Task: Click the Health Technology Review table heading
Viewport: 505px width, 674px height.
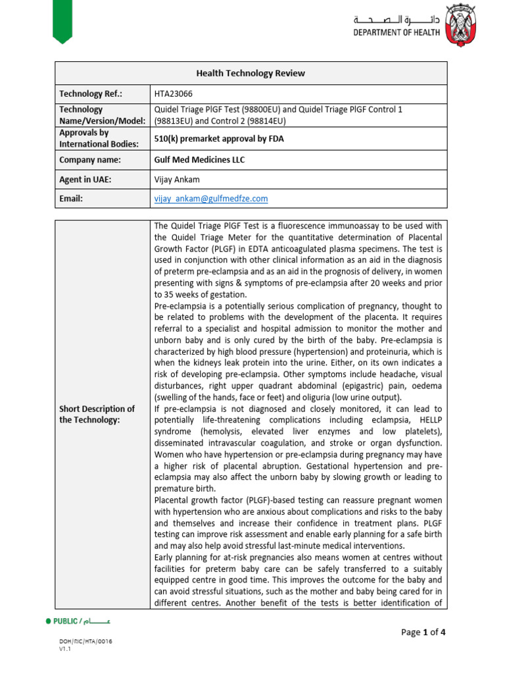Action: pyautogui.click(x=251, y=73)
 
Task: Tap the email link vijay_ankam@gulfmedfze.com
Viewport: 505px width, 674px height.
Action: pyautogui.click(x=210, y=198)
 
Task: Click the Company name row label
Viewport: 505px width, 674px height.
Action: pyautogui.click(x=90, y=160)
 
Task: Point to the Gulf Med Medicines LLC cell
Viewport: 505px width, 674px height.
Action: pyautogui.click(x=200, y=160)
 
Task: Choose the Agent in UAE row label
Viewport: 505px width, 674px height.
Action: pyautogui.click(x=85, y=179)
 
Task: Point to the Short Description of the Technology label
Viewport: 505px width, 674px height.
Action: pyautogui.click(x=97, y=415)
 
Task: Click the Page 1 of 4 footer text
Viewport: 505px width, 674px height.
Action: pyautogui.click(x=423, y=633)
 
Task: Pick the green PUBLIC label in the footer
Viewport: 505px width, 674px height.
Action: pyautogui.click(x=66, y=621)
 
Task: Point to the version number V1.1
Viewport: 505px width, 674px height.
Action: pyautogui.click(x=64, y=649)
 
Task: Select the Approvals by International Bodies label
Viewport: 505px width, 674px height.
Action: pyautogui.click(x=99, y=138)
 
